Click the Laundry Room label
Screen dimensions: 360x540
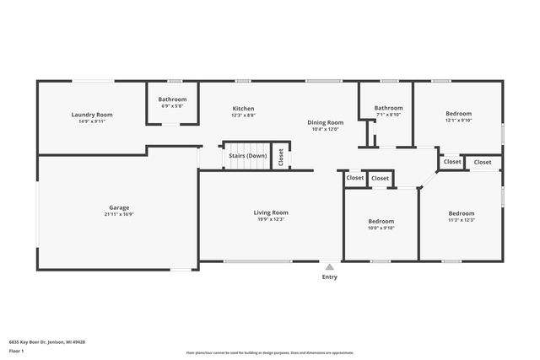(x=92, y=115)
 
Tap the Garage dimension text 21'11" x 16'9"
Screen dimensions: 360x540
(x=119, y=214)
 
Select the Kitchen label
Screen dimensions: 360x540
(x=243, y=109)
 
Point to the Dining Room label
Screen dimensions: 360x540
(x=325, y=122)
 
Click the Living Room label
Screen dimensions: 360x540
(x=271, y=212)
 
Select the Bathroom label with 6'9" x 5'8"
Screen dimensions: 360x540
(x=172, y=99)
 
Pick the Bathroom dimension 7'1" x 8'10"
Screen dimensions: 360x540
(x=388, y=115)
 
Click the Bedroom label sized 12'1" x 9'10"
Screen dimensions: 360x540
(x=458, y=114)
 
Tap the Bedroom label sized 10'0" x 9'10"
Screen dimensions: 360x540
(x=380, y=220)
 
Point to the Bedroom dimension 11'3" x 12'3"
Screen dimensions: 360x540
(x=461, y=220)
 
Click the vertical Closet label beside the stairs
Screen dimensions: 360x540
(x=281, y=158)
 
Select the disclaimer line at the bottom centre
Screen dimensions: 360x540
(x=270, y=352)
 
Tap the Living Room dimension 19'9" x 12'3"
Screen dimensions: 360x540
(x=271, y=220)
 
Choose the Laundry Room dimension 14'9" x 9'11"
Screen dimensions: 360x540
(x=92, y=122)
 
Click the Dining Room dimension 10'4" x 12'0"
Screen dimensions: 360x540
(x=325, y=130)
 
